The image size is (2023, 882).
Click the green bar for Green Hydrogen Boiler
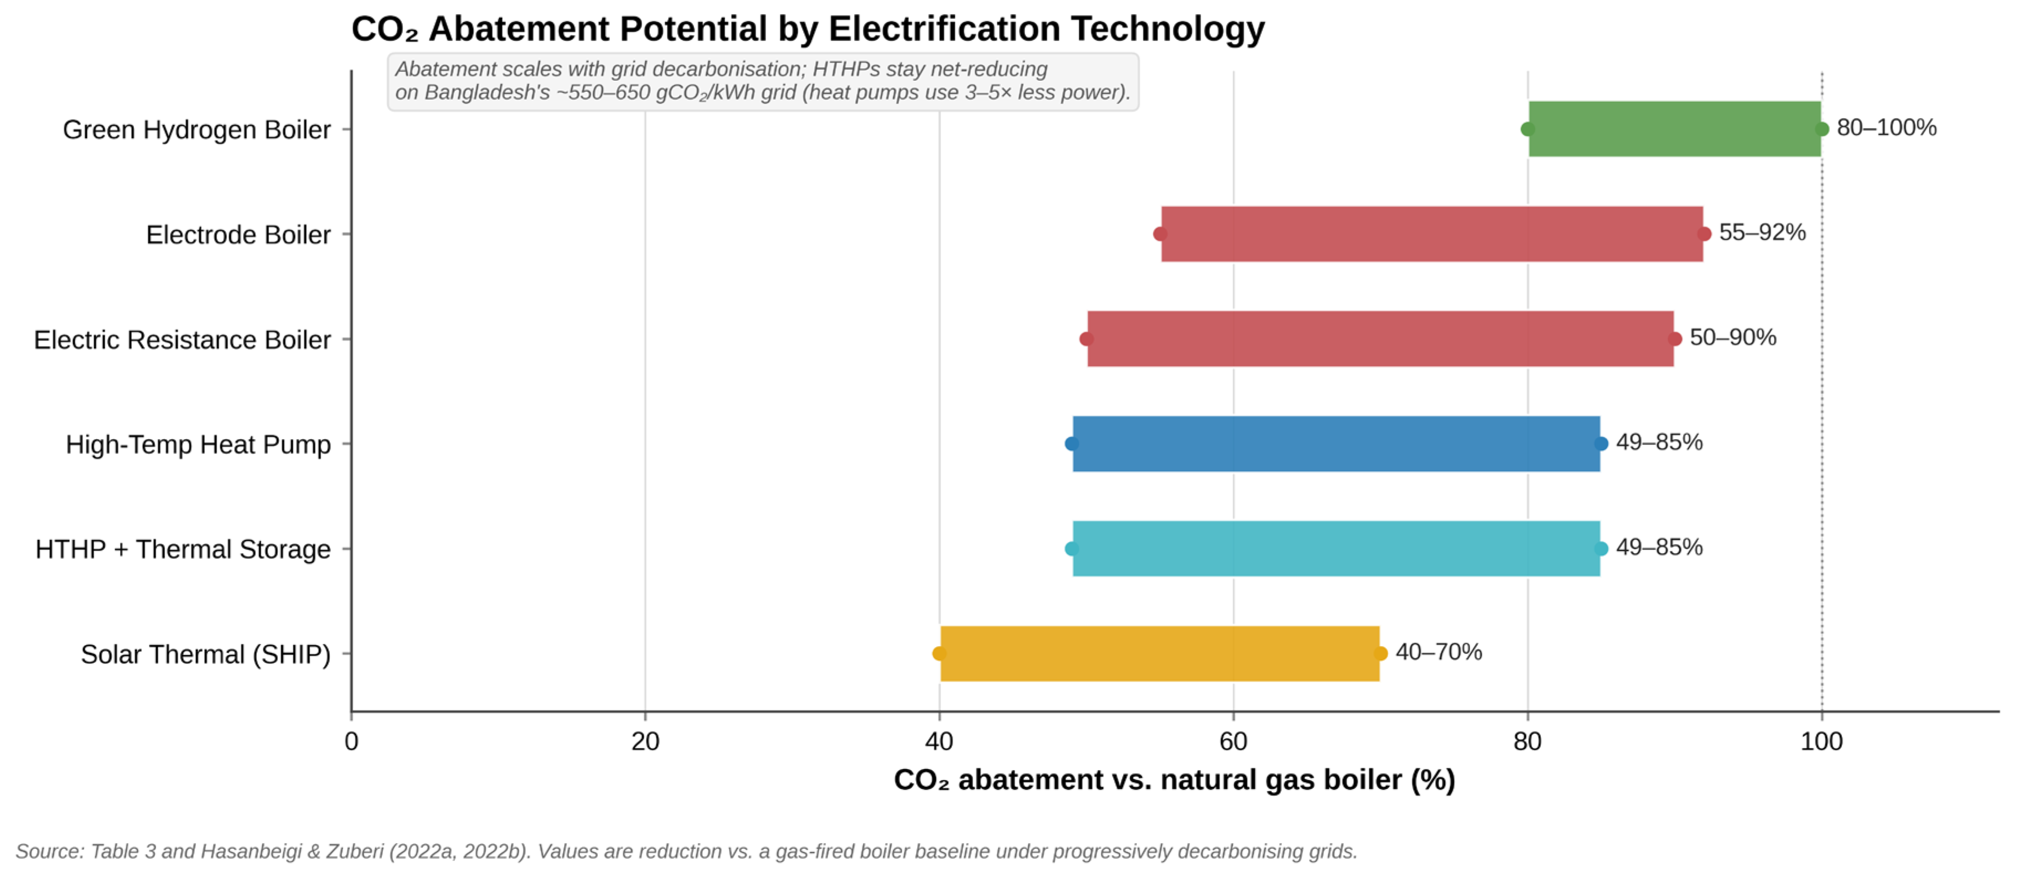pos(1674,129)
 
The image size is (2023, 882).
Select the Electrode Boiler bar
pos(1432,234)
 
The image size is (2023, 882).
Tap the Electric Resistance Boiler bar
pos(1380,338)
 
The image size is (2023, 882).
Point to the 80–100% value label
pos(1886,127)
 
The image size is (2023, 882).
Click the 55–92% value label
pos(1762,233)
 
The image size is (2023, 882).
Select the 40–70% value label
pos(1439,652)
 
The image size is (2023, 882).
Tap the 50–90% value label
pos(1732,337)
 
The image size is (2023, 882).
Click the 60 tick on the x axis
pos(1233,741)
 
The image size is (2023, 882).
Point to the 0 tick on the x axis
pos(351,741)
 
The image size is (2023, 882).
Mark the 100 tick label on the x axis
pos(1821,741)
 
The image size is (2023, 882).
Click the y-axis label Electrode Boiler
pos(238,235)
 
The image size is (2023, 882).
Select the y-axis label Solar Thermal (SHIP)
pos(206,654)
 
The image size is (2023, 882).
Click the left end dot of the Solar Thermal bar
pos(939,653)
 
